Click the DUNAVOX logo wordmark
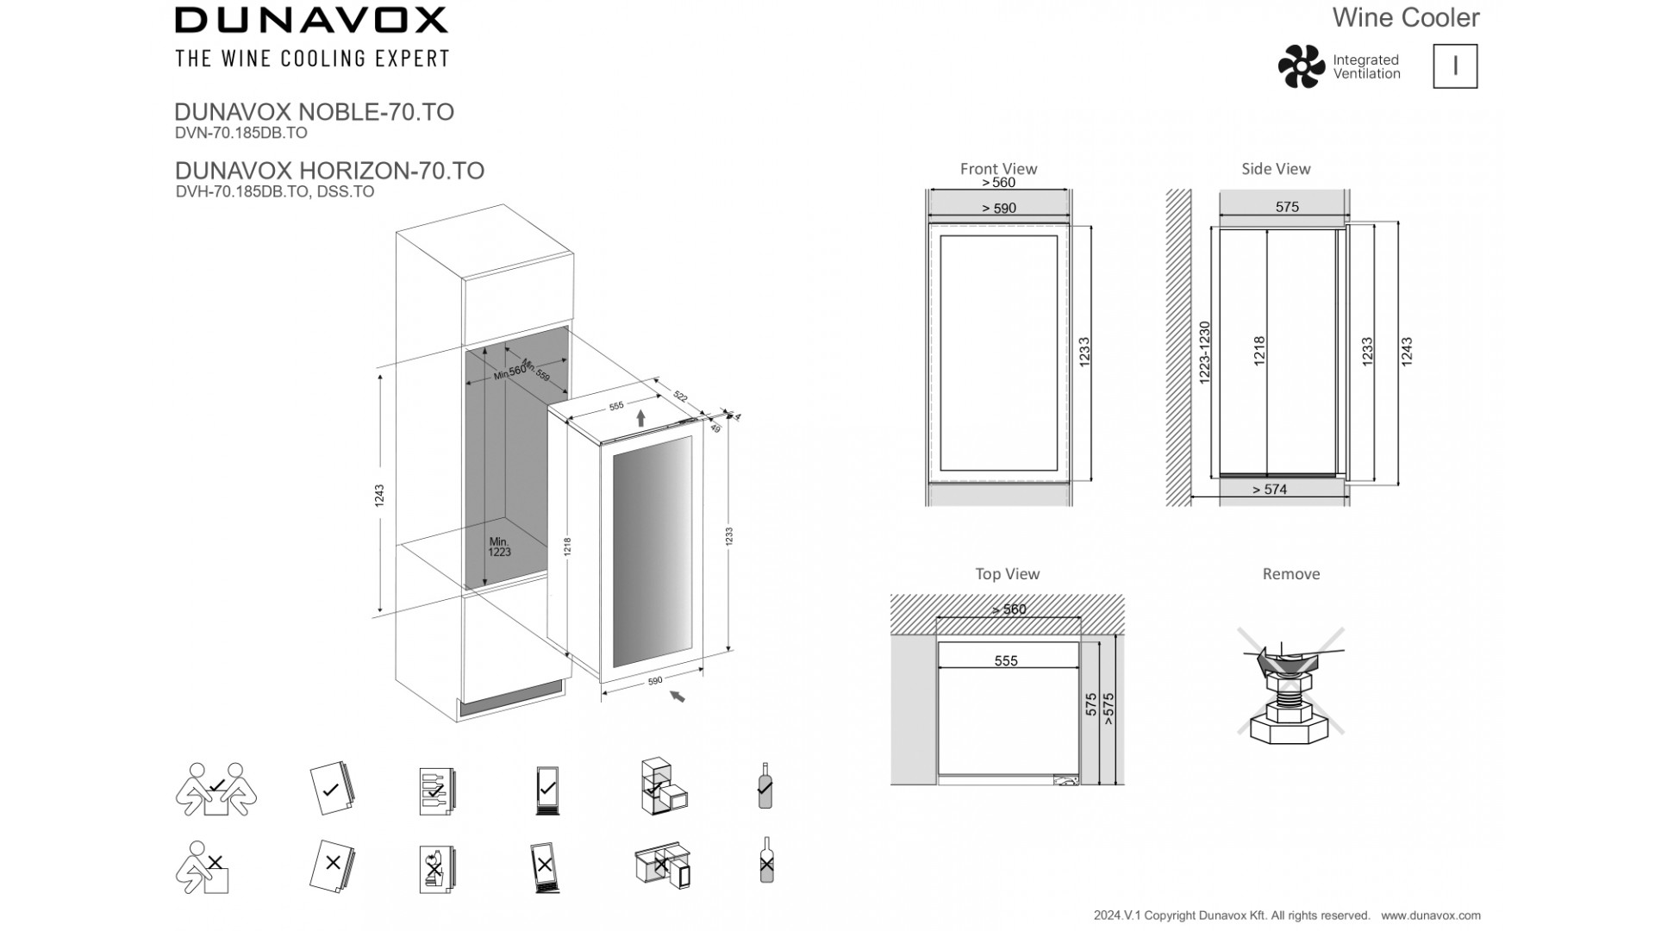(x=311, y=20)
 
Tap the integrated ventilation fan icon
(x=1301, y=66)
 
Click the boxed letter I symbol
(x=1455, y=66)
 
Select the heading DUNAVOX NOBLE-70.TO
(x=314, y=112)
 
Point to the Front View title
(x=998, y=169)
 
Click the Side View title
(x=1276, y=169)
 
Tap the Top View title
(x=1007, y=574)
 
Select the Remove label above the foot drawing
(x=1290, y=574)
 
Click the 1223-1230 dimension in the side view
(x=1205, y=353)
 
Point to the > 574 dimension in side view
(x=1270, y=490)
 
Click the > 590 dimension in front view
(x=999, y=208)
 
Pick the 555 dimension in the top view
(x=1006, y=661)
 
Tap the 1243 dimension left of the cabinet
(x=379, y=496)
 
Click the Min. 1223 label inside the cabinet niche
(x=499, y=547)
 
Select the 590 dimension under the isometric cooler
(x=654, y=681)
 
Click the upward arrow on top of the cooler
(x=640, y=419)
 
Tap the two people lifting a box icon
(x=215, y=789)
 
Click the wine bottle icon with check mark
(x=765, y=785)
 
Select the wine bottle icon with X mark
(x=766, y=860)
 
